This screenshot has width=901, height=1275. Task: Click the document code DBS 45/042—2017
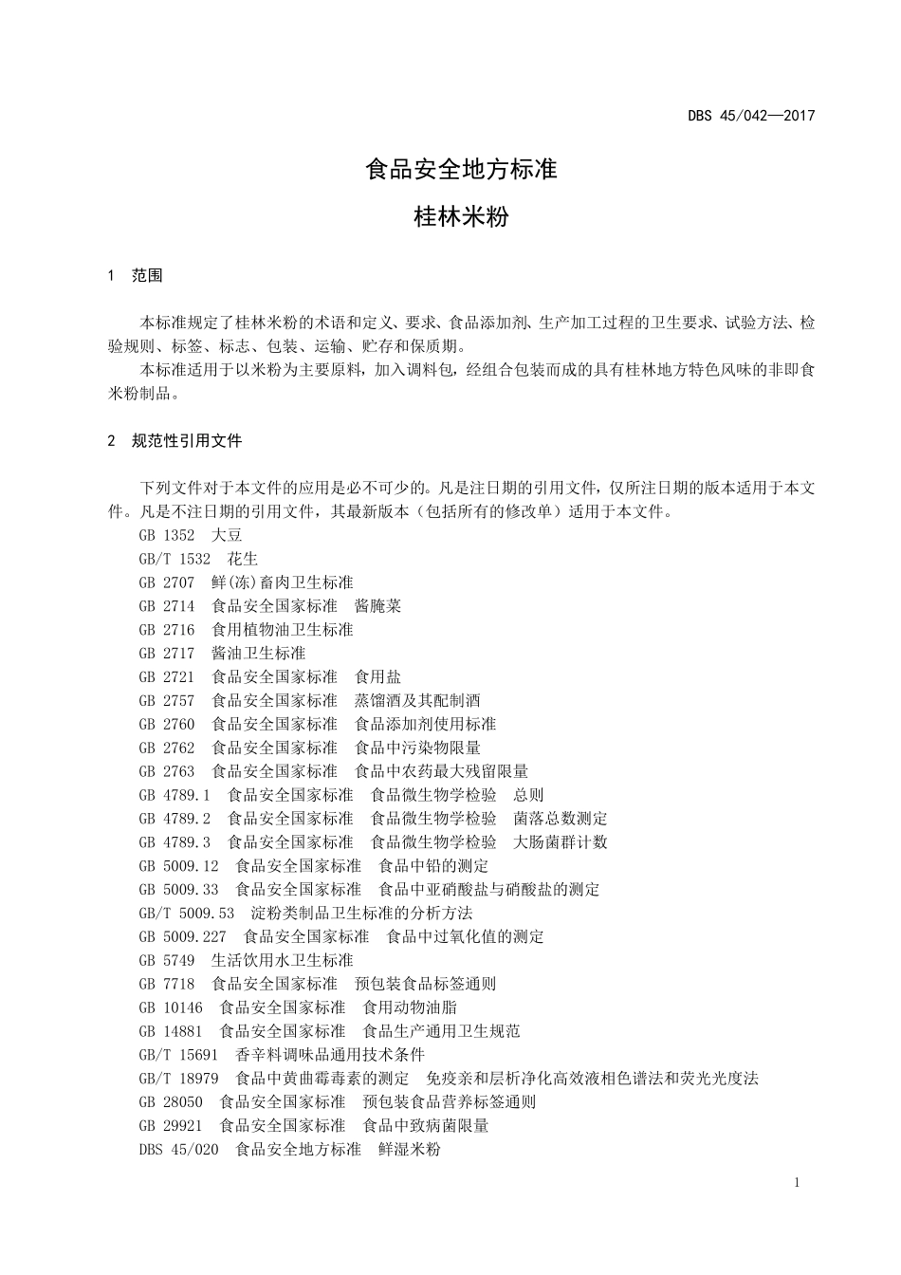[751, 117]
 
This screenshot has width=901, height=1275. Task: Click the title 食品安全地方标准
[462, 170]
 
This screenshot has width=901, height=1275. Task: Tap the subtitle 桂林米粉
[462, 217]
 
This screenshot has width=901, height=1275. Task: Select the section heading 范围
[147, 276]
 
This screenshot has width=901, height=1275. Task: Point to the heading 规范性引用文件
[187, 441]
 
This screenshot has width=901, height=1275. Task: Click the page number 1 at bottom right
[796, 1182]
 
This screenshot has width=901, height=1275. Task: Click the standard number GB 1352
[166, 535]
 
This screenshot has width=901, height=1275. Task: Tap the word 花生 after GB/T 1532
[243, 559]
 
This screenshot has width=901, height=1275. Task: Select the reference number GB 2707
[166, 582]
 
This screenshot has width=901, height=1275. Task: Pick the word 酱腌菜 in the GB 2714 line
[377, 606]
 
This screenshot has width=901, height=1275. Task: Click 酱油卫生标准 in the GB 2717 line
[258, 654]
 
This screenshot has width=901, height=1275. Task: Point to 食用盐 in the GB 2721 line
[377, 676]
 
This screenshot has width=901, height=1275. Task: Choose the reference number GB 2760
[166, 724]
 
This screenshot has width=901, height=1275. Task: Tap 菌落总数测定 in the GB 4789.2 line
[561, 819]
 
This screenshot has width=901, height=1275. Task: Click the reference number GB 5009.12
[178, 866]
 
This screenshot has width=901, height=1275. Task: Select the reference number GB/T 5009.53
[186, 914]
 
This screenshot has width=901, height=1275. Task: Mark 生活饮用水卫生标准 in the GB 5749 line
[282, 960]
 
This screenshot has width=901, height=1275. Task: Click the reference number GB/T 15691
[178, 1055]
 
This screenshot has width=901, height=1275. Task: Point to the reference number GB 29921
[170, 1126]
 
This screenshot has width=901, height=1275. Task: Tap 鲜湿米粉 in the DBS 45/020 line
[410, 1150]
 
